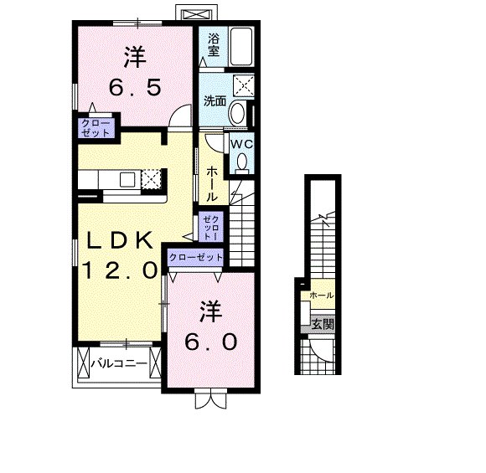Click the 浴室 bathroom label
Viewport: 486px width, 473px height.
(214, 45)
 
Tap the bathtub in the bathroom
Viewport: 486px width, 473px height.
(241, 47)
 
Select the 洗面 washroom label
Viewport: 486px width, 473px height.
(215, 101)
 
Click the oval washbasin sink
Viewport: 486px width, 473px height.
(237, 113)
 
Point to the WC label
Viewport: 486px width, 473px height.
(241, 144)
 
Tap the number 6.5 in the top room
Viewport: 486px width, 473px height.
(135, 87)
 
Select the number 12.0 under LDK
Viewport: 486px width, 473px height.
(119, 270)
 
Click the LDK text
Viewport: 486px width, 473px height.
(119, 240)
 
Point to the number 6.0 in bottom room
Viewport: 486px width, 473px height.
(211, 342)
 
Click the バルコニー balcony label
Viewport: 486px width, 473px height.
(119, 362)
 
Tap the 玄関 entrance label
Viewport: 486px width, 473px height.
(323, 324)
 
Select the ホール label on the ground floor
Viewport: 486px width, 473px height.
(322, 296)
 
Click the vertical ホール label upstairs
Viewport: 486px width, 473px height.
(212, 184)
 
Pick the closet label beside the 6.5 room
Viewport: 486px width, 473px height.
(96, 127)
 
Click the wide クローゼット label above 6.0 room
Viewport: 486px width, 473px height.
(196, 257)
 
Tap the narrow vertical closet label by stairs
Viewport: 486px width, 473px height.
(211, 227)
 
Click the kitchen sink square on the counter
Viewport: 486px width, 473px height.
(127, 179)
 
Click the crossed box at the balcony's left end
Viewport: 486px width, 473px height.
(83, 362)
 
